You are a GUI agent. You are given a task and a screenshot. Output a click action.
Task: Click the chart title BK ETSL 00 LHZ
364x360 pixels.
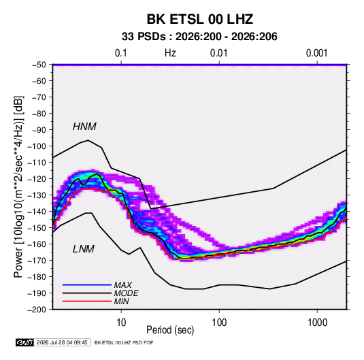coord(199,19)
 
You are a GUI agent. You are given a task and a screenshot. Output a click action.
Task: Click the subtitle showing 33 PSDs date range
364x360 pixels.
coord(199,37)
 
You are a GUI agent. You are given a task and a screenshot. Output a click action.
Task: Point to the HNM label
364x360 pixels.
coord(84,127)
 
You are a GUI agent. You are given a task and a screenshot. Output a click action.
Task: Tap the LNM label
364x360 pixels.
coord(84,249)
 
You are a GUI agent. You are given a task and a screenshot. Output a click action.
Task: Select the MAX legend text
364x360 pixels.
coord(123,285)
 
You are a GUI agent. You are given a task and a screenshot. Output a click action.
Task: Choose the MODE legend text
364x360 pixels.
coord(127,293)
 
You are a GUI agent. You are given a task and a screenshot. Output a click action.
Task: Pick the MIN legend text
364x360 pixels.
coord(122,301)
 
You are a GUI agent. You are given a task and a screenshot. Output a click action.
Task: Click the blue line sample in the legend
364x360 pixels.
coord(87,285)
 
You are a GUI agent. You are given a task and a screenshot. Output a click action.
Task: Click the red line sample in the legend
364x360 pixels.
coord(87,301)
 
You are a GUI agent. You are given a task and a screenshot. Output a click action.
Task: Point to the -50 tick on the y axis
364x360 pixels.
coord(39,65)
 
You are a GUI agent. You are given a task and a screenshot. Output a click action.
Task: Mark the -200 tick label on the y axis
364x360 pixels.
coord(37,310)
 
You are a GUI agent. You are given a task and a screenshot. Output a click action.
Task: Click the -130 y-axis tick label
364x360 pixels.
coord(37,195)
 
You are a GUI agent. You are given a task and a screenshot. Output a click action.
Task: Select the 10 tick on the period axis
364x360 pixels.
coord(121,323)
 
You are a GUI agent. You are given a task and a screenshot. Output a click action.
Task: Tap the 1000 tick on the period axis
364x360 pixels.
coord(317,323)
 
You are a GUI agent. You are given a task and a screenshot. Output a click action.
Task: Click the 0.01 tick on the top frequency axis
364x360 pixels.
coord(219,53)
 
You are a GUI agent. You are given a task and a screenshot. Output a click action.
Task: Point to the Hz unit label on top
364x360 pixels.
coord(170,53)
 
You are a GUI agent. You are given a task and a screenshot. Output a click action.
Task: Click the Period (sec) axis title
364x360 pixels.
coord(170,330)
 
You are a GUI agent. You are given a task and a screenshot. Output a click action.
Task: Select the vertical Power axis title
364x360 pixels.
coord(19,186)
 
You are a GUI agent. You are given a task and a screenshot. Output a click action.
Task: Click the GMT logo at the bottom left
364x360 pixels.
coord(25,342)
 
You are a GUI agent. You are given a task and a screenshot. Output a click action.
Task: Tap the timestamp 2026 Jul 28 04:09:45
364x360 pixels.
coord(62,342)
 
